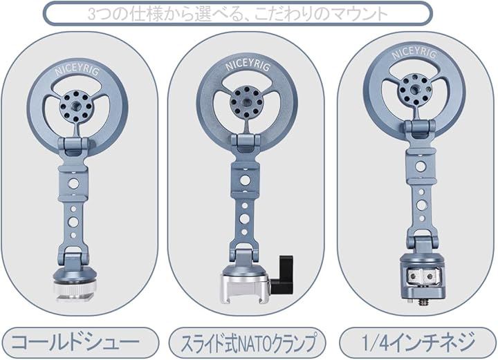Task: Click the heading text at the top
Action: coord(237,14)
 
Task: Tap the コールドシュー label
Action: coord(75,342)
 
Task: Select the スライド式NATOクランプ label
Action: coord(249,342)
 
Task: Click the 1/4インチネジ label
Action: coord(418,342)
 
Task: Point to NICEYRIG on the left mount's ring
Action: coord(77,70)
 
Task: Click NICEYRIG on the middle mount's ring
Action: coord(248,66)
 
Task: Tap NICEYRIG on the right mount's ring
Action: coord(414,54)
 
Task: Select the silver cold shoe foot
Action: coord(73,291)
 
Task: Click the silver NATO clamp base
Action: coord(245,289)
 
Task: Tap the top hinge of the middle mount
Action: coord(246,143)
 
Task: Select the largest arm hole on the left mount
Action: coord(73,184)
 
